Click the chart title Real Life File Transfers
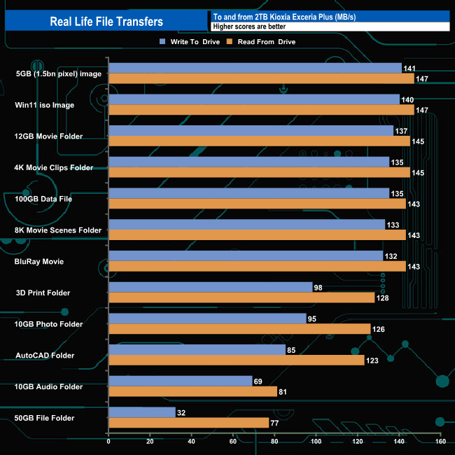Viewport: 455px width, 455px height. pos(106,22)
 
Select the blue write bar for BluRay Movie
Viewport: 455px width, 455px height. pos(246,256)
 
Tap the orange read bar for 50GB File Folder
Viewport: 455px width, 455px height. pos(189,423)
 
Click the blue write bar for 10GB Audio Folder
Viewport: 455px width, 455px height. pos(181,381)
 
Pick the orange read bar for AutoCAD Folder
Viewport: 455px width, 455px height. pos(237,360)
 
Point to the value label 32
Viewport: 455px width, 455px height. pos(182,412)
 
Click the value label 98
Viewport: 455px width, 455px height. pos(319,287)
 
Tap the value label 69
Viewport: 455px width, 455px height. pos(259,381)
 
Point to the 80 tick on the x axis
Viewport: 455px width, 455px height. pos(274,442)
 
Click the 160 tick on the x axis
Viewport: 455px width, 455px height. pos(440,442)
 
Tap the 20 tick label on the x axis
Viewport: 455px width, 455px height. pos(150,442)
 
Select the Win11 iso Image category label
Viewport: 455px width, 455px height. pos(45,105)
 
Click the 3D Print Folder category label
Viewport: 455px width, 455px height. pos(43,293)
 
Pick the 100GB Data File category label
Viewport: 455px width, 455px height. pos(43,199)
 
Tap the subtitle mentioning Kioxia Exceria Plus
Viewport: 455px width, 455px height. pos(283,17)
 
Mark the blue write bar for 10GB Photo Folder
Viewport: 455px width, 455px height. pos(207,318)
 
